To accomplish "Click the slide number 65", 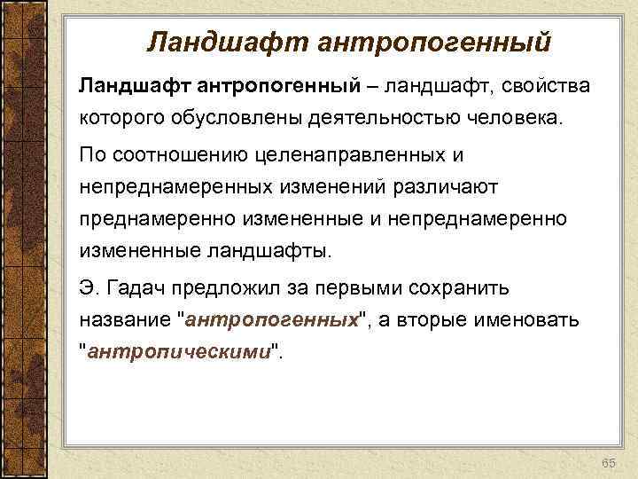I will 609,465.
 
